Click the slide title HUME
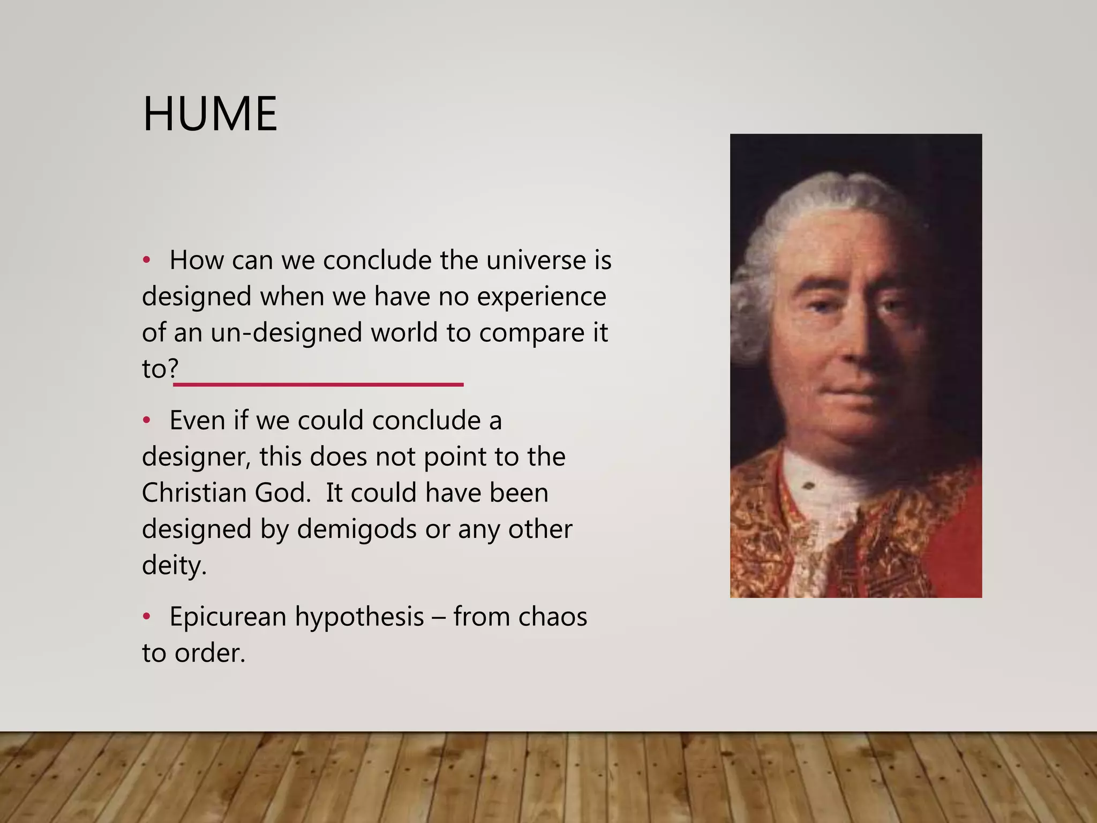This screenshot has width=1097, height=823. [210, 114]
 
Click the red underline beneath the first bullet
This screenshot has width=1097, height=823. [318, 385]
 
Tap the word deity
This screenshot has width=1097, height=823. [174, 566]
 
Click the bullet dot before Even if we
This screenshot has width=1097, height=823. [146, 421]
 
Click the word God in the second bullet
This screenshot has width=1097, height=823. [282, 492]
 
